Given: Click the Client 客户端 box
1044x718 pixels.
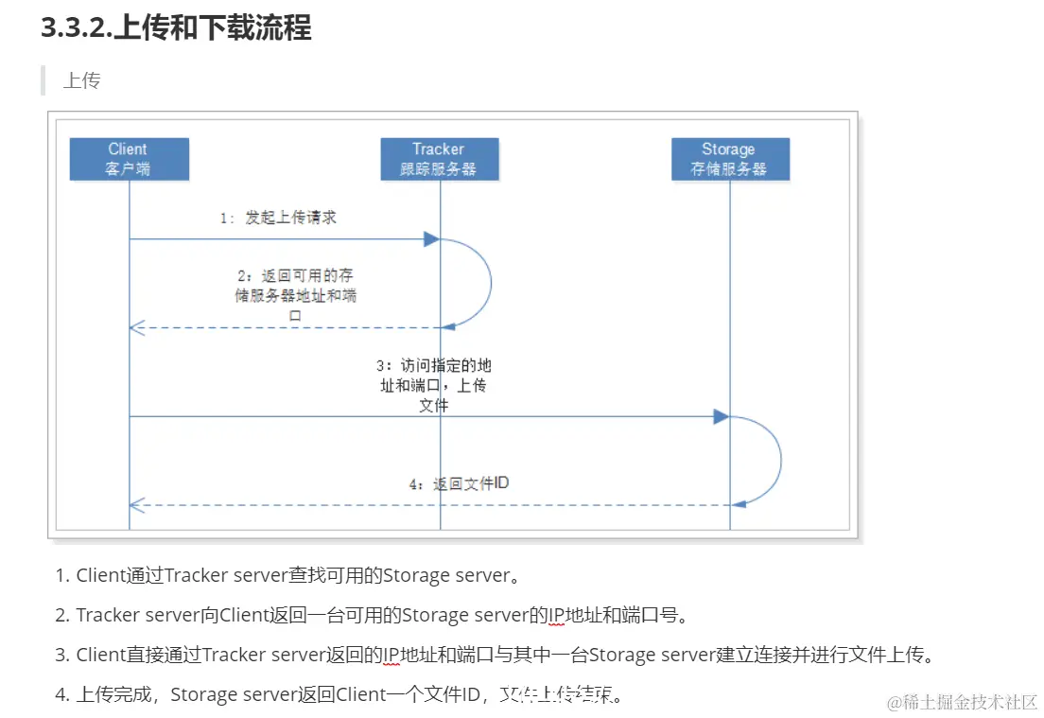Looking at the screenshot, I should [129, 159].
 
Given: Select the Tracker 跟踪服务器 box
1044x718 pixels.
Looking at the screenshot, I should [439, 159].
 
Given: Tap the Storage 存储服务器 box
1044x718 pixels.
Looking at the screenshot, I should [729, 159].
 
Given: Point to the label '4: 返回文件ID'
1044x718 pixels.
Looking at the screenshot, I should [459, 483].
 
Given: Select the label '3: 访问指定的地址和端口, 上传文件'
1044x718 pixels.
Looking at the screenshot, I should [433, 385].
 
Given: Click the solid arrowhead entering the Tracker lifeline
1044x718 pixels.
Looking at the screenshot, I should [430, 239].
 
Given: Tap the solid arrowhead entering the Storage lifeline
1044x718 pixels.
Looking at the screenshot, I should [721, 416].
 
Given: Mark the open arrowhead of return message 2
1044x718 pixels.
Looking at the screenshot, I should [135, 327].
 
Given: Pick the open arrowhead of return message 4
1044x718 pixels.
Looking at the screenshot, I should [135, 505].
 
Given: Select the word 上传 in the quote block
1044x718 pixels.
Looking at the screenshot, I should [81, 80].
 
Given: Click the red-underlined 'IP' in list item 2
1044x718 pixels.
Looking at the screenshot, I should [557, 615].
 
